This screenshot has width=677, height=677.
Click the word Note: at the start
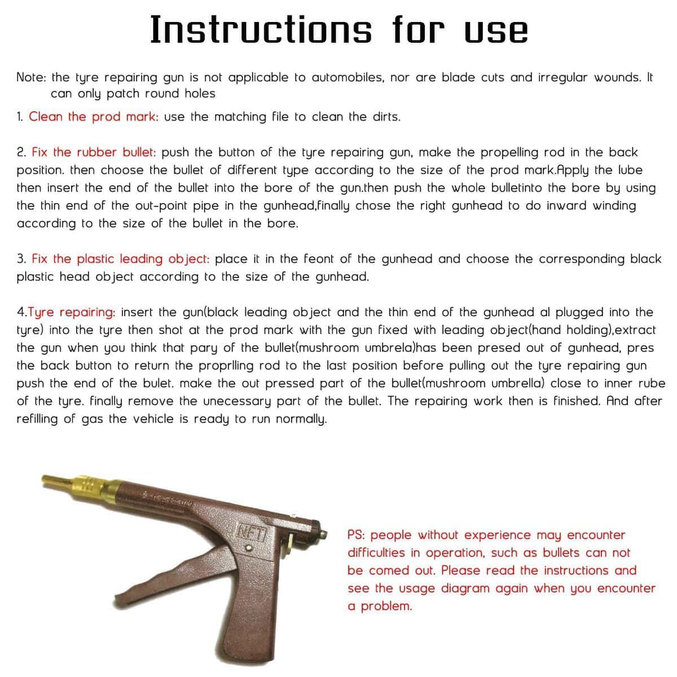[33, 77]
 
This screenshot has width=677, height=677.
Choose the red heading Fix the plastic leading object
[121, 259]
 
